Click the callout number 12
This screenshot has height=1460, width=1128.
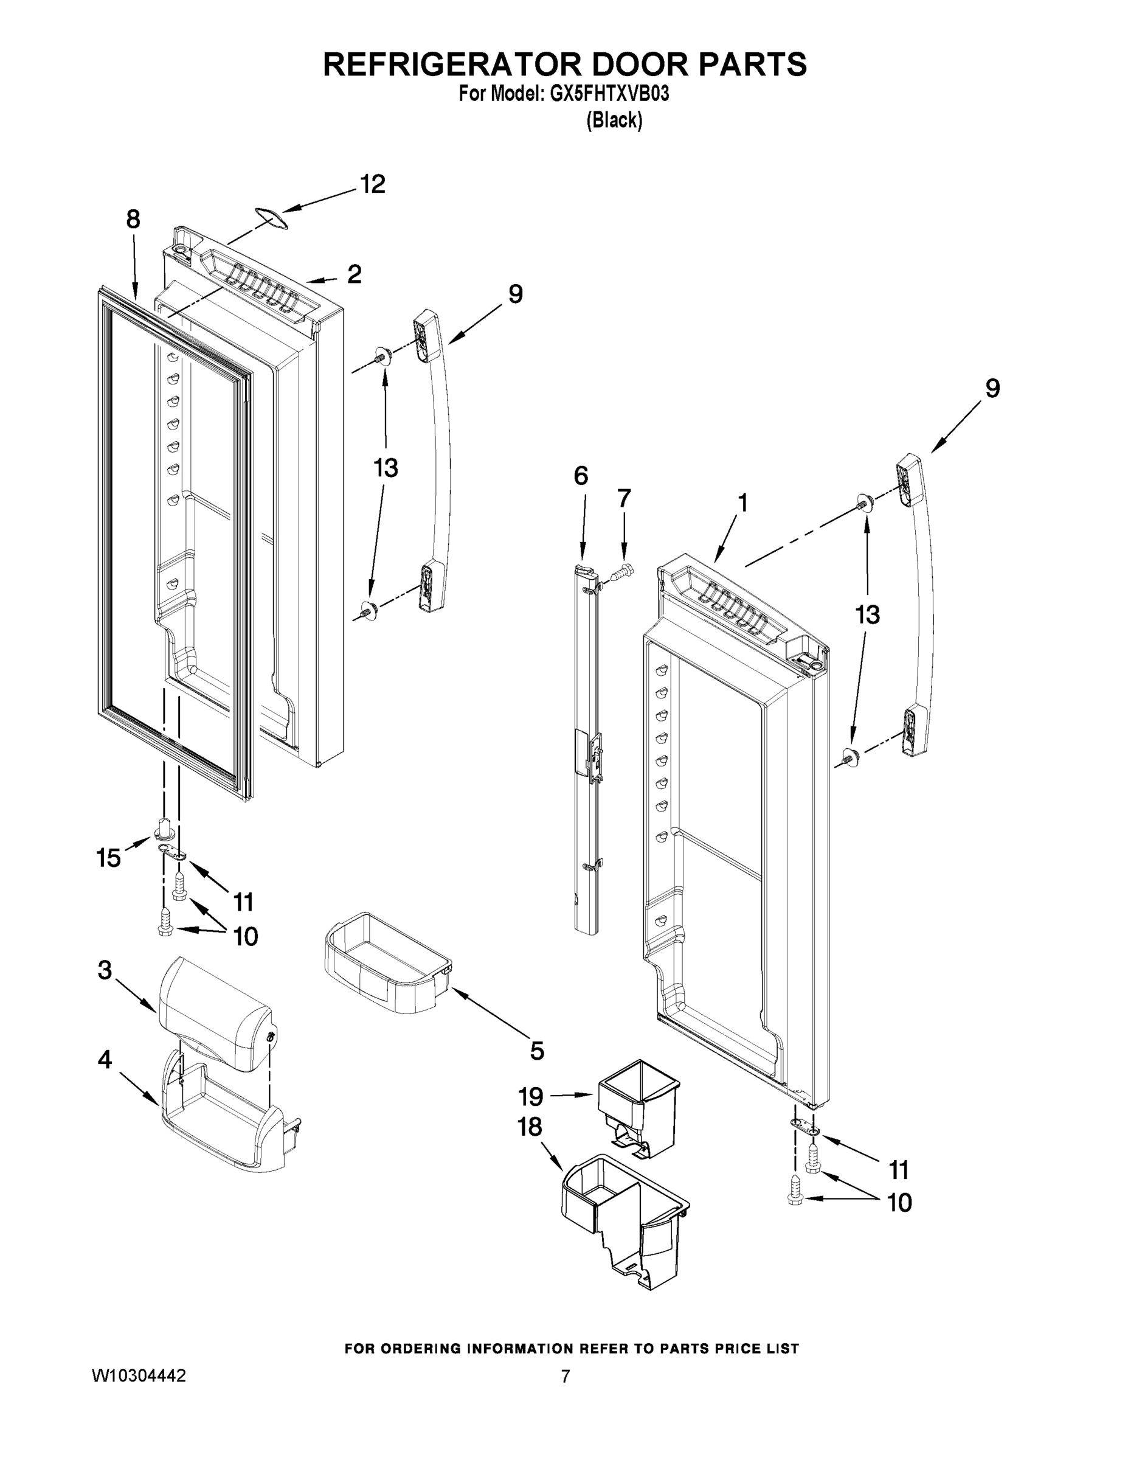tap(373, 184)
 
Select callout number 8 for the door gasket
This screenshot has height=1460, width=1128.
tap(133, 218)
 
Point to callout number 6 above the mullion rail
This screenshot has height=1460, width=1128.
tap(581, 476)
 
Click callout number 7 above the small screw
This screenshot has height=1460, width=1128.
tap(623, 499)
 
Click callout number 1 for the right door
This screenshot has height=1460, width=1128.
tap(742, 502)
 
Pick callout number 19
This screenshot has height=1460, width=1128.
tap(532, 1096)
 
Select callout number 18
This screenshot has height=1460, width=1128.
tap(530, 1128)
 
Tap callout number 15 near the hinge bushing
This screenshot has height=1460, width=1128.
tap(108, 858)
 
